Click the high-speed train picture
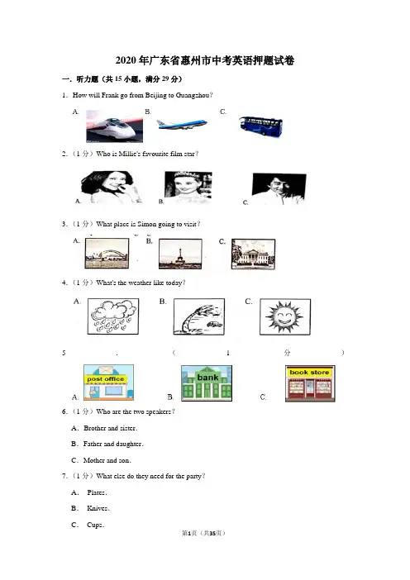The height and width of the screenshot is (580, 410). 115,126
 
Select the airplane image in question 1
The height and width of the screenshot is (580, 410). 182,124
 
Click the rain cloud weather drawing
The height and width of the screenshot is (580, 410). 113,316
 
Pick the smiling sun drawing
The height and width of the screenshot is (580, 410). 285,317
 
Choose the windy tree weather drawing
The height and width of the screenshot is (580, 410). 199,316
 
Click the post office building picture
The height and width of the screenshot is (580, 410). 108,382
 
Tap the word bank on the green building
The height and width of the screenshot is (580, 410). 207,378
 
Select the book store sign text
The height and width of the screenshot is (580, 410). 309,372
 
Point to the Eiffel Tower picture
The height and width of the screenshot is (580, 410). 180,254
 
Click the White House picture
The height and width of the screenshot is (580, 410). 253,254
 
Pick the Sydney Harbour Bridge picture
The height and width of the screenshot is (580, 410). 107,254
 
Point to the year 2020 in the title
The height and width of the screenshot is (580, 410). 126,60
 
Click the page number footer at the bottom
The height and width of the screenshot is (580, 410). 203,533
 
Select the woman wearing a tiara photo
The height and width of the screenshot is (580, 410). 188,188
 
